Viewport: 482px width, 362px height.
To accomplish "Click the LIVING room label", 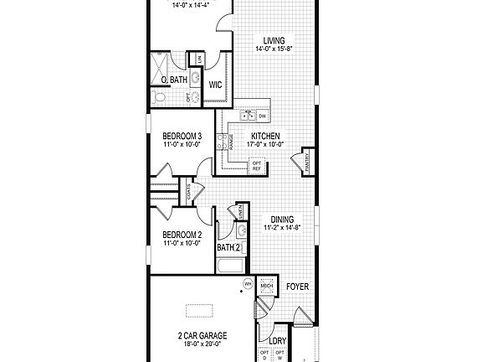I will (271, 39).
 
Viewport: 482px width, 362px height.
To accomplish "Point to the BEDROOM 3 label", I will (182, 135).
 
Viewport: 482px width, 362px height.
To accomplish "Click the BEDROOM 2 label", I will (182, 235).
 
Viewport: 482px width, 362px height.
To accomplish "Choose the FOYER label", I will (297, 287).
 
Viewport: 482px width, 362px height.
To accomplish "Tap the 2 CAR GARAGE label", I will (202, 334).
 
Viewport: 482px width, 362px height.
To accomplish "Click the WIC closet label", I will (215, 85).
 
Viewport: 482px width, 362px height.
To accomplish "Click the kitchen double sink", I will (249, 114).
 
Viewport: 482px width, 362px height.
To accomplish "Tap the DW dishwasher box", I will (263, 115).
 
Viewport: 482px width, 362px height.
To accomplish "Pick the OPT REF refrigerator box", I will (256, 166).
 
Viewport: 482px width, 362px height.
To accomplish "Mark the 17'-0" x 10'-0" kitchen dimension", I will (265, 143).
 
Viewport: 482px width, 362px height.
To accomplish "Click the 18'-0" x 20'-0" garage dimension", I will (202, 343).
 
